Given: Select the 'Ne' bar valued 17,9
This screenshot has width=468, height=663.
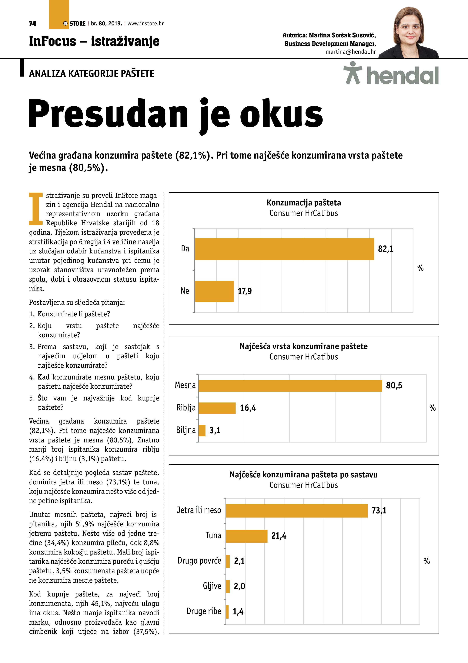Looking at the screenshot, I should (x=214, y=291).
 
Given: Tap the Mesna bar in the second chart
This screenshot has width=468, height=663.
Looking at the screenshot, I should (x=290, y=386).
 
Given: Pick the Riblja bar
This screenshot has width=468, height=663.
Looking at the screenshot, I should (x=217, y=408).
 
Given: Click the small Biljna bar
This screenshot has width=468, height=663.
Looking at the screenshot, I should (x=202, y=431).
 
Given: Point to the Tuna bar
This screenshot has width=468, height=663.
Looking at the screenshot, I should (x=246, y=536).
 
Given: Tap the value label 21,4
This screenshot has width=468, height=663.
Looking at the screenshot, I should (x=279, y=536).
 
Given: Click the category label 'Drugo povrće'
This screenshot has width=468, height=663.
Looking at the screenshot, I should (x=199, y=561).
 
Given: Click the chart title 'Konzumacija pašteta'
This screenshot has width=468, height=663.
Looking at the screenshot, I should (x=304, y=203).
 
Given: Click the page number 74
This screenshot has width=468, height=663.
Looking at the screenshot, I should (x=33, y=24).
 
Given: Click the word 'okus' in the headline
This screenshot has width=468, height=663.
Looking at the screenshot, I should (x=281, y=114).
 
